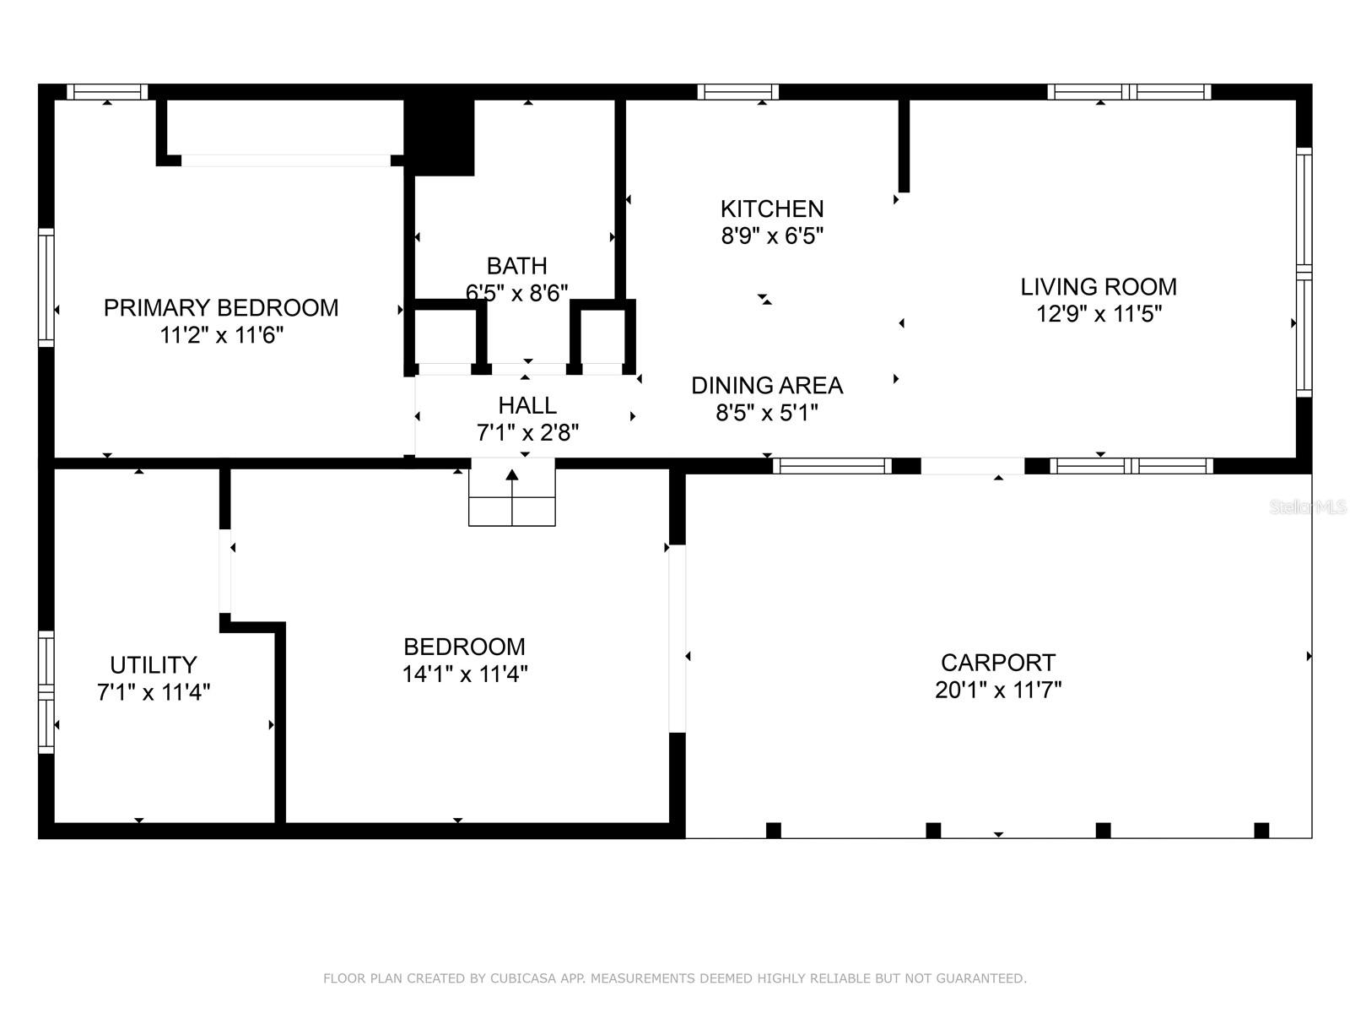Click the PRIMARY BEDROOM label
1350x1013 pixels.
click(x=221, y=308)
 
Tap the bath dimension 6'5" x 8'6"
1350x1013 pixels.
click(x=516, y=293)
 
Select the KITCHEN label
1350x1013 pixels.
click(x=771, y=209)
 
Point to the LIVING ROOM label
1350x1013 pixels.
click(x=1099, y=287)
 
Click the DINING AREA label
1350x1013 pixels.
click(x=767, y=386)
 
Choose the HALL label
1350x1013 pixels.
click(x=527, y=405)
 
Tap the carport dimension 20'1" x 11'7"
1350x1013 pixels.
click(x=998, y=691)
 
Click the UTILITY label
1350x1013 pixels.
click(x=154, y=665)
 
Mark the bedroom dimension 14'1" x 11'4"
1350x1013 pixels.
click(x=465, y=674)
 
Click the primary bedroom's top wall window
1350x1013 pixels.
click(x=107, y=92)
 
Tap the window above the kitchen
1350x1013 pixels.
click(x=737, y=92)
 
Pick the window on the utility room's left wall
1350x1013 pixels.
click(x=46, y=691)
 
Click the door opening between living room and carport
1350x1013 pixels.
click(x=972, y=466)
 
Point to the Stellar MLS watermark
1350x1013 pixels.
click(x=1308, y=507)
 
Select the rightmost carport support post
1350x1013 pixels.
click(x=1261, y=830)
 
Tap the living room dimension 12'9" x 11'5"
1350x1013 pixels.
click(x=1099, y=315)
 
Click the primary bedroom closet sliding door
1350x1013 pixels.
click(x=286, y=160)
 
